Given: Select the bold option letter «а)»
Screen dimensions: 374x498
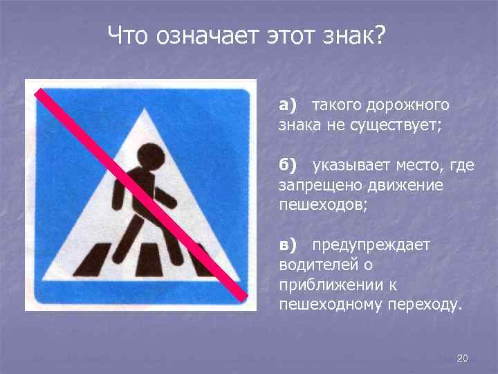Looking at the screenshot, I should click(x=288, y=105).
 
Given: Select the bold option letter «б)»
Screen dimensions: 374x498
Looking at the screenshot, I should click(x=288, y=166).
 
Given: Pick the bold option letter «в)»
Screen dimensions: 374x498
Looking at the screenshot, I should click(x=288, y=245).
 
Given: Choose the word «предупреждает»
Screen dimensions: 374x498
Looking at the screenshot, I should click(x=371, y=245).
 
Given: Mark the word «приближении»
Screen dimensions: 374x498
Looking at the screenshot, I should click(x=325, y=285).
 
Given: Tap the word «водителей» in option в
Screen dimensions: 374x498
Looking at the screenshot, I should click(x=313, y=265).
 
